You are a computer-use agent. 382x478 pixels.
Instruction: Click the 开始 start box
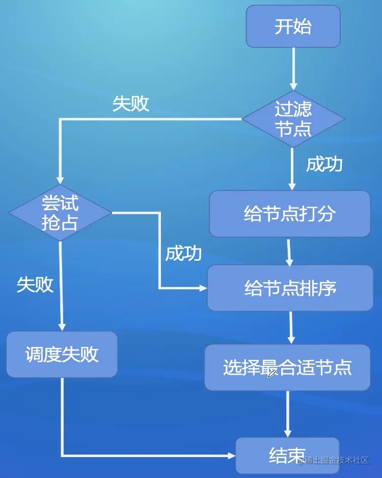coord(293,27)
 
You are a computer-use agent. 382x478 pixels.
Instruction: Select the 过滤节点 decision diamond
coord(293,119)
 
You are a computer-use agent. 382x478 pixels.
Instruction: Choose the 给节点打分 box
coord(289,214)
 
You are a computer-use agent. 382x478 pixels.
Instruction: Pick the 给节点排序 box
coord(290,288)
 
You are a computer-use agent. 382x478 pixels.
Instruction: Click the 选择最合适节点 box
coord(287,367)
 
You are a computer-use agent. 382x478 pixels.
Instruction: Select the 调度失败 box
coord(62,355)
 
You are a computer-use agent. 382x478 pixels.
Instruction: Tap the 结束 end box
coord(287,455)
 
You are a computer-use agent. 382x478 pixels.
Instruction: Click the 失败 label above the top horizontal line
coord(131,104)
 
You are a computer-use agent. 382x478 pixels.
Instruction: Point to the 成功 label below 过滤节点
coord(324,164)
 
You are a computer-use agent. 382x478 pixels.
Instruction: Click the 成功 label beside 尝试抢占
coord(183,254)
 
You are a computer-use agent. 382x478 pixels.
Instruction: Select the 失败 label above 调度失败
coord(35,285)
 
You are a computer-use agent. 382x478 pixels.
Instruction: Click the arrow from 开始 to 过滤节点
coord(293,69)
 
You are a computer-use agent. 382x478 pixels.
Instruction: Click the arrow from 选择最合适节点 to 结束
coord(288,413)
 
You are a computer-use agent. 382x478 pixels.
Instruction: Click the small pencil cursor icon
coord(272,373)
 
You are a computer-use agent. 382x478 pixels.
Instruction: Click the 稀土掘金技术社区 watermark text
coord(336,461)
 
